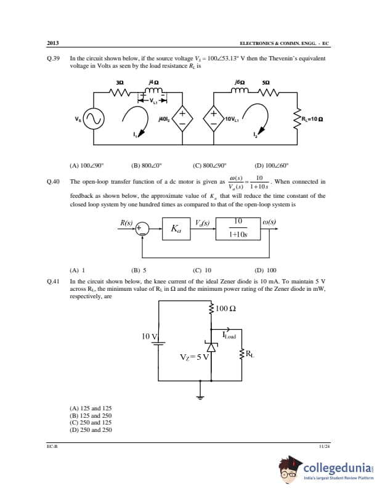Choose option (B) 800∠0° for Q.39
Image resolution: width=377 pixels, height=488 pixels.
coord(145,165)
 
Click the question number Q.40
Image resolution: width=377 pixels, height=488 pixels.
coord(53,182)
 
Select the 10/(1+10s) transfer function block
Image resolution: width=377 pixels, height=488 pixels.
coord(238,229)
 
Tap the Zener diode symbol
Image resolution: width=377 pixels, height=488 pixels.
coord(211,347)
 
